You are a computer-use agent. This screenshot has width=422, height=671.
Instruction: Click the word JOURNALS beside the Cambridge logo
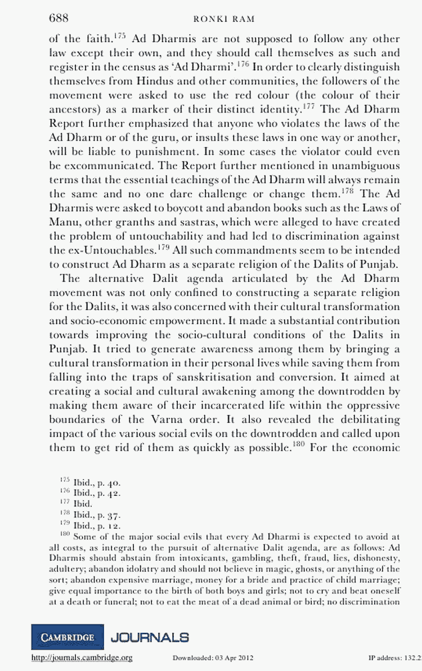[150, 637]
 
